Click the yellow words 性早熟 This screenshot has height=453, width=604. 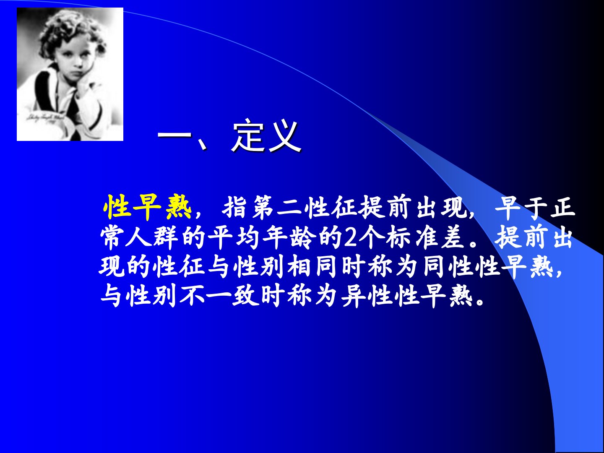[147, 207]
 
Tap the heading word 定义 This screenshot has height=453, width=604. [266, 136]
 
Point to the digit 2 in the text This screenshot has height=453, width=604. [350, 238]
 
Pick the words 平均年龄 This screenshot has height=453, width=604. [260, 237]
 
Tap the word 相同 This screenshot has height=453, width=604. [312, 267]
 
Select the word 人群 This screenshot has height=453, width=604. [152, 237]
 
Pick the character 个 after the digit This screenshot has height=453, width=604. [370, 237]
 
